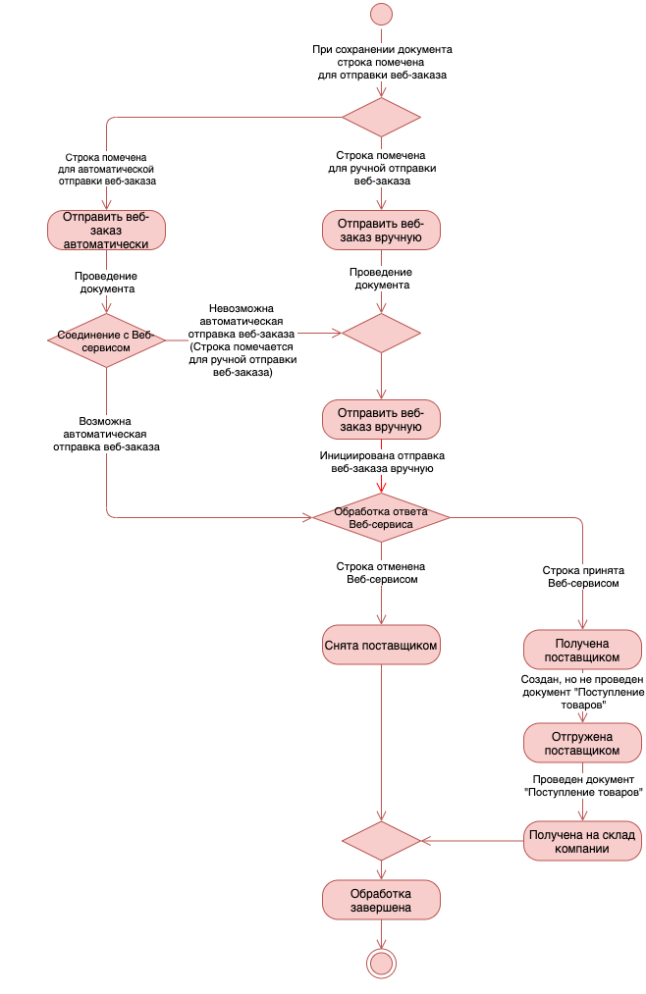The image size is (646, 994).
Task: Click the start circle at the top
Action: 381,14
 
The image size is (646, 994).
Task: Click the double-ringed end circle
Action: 381,964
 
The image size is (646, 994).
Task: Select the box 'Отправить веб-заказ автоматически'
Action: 106,231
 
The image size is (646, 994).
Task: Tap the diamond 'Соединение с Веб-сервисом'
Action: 106,340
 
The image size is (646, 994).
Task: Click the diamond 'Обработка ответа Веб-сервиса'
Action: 381,518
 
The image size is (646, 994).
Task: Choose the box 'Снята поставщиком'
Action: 381,646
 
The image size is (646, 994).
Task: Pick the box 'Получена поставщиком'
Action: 582,650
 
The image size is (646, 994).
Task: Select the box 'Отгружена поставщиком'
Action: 582,743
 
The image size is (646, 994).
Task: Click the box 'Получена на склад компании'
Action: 582,841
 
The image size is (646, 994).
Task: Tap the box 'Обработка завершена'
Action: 381,900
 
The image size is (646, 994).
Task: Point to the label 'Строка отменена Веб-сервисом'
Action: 381,573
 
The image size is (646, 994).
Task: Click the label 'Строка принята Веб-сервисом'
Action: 583,577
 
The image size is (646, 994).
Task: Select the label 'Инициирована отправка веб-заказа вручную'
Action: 382,462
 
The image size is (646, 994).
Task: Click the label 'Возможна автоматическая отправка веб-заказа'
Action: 106,435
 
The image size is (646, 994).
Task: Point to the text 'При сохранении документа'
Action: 382,49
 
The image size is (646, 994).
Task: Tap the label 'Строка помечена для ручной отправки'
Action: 382,162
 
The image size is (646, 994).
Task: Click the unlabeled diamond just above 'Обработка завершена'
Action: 381,841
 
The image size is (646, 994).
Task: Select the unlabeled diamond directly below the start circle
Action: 381,118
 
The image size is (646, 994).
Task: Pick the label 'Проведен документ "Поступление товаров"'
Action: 583,785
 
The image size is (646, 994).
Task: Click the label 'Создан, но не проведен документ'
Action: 582,686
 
